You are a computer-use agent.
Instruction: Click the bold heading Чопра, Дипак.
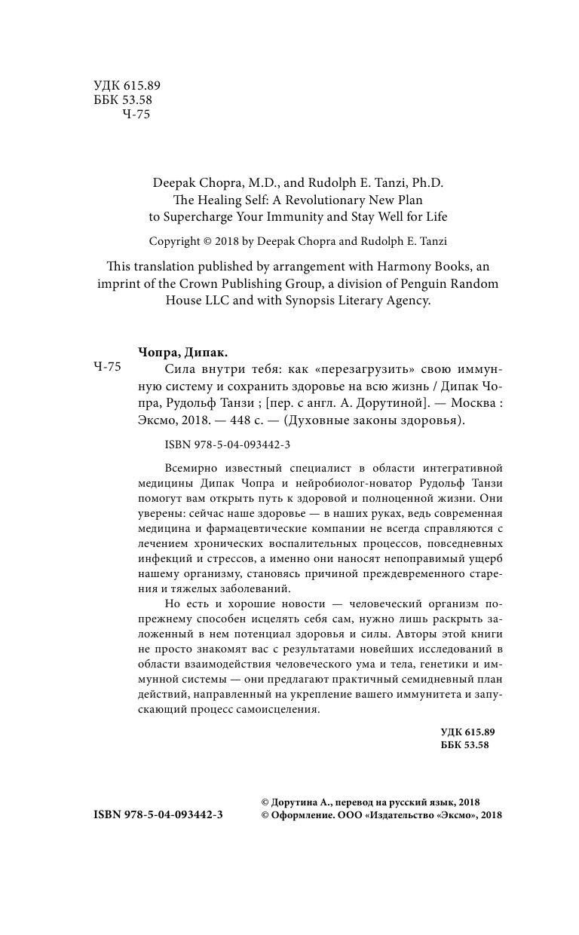pyautogui.click(x=183, y=352)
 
